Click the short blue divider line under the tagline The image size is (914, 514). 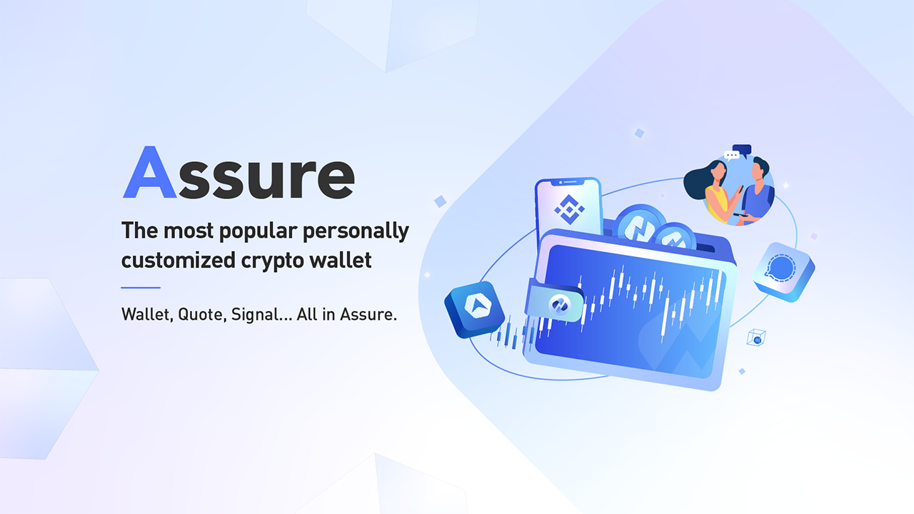(141, 288)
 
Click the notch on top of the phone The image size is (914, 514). (568, 182)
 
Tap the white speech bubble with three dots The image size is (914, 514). (731, 155)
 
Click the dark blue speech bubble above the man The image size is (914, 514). (743, 150)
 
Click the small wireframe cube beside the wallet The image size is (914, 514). (755, 338)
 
